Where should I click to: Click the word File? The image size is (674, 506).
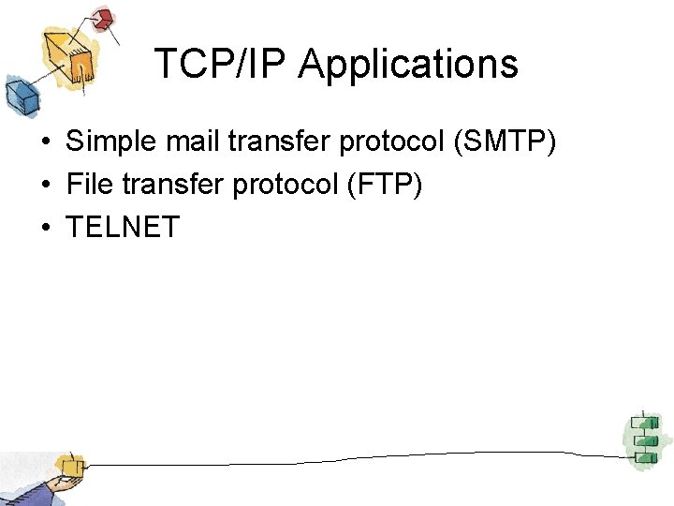coord(89,185)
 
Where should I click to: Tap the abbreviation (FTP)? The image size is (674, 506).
coord(385,186)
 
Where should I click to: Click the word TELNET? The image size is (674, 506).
coord(123,227)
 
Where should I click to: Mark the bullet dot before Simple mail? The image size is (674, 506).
coord(45,143)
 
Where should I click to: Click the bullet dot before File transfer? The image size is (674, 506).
coord(45,186)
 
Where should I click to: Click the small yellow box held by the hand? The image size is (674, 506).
coord(68,465)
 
